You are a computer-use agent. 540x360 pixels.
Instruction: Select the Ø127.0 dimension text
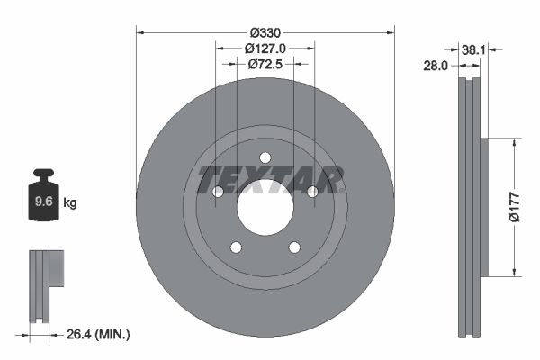click(265, 49)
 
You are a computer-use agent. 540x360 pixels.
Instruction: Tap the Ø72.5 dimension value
click(265, 64)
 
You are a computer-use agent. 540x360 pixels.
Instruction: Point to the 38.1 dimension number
click(473, 50)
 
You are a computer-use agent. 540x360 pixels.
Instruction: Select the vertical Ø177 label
click(513, 207)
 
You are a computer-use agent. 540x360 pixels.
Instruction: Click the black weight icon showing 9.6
click(42, 201)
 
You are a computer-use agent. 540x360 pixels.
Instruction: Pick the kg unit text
click(70, 203)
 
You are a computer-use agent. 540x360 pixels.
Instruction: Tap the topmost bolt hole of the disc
click(265, 158)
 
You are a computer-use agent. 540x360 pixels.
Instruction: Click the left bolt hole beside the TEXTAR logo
click(218, 192)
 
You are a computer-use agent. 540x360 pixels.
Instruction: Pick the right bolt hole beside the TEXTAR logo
click(312, 192)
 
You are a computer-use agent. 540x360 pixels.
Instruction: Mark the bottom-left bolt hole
click(236, 247)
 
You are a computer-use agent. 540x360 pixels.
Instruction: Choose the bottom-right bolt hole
click(294, 247)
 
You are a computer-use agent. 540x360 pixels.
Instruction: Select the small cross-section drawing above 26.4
click(46, 284)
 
